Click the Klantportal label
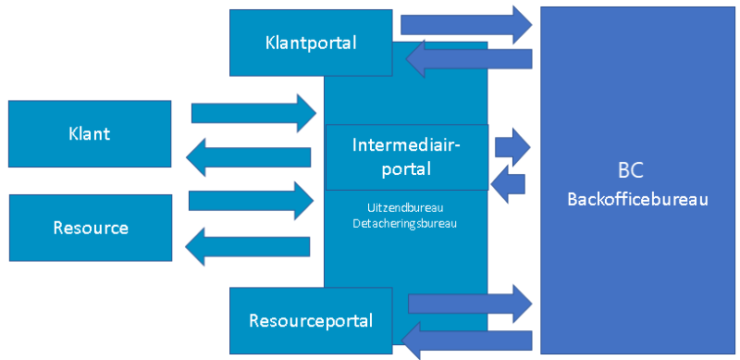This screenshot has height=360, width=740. tap(310, 43)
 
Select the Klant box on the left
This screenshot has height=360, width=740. tap(89, 133)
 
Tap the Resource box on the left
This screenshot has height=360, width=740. tap(90, 228)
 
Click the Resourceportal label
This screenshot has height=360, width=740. tap(310, 321)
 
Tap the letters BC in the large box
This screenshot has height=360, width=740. tap(630, 172)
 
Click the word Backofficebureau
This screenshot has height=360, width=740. tap(637, 199)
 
